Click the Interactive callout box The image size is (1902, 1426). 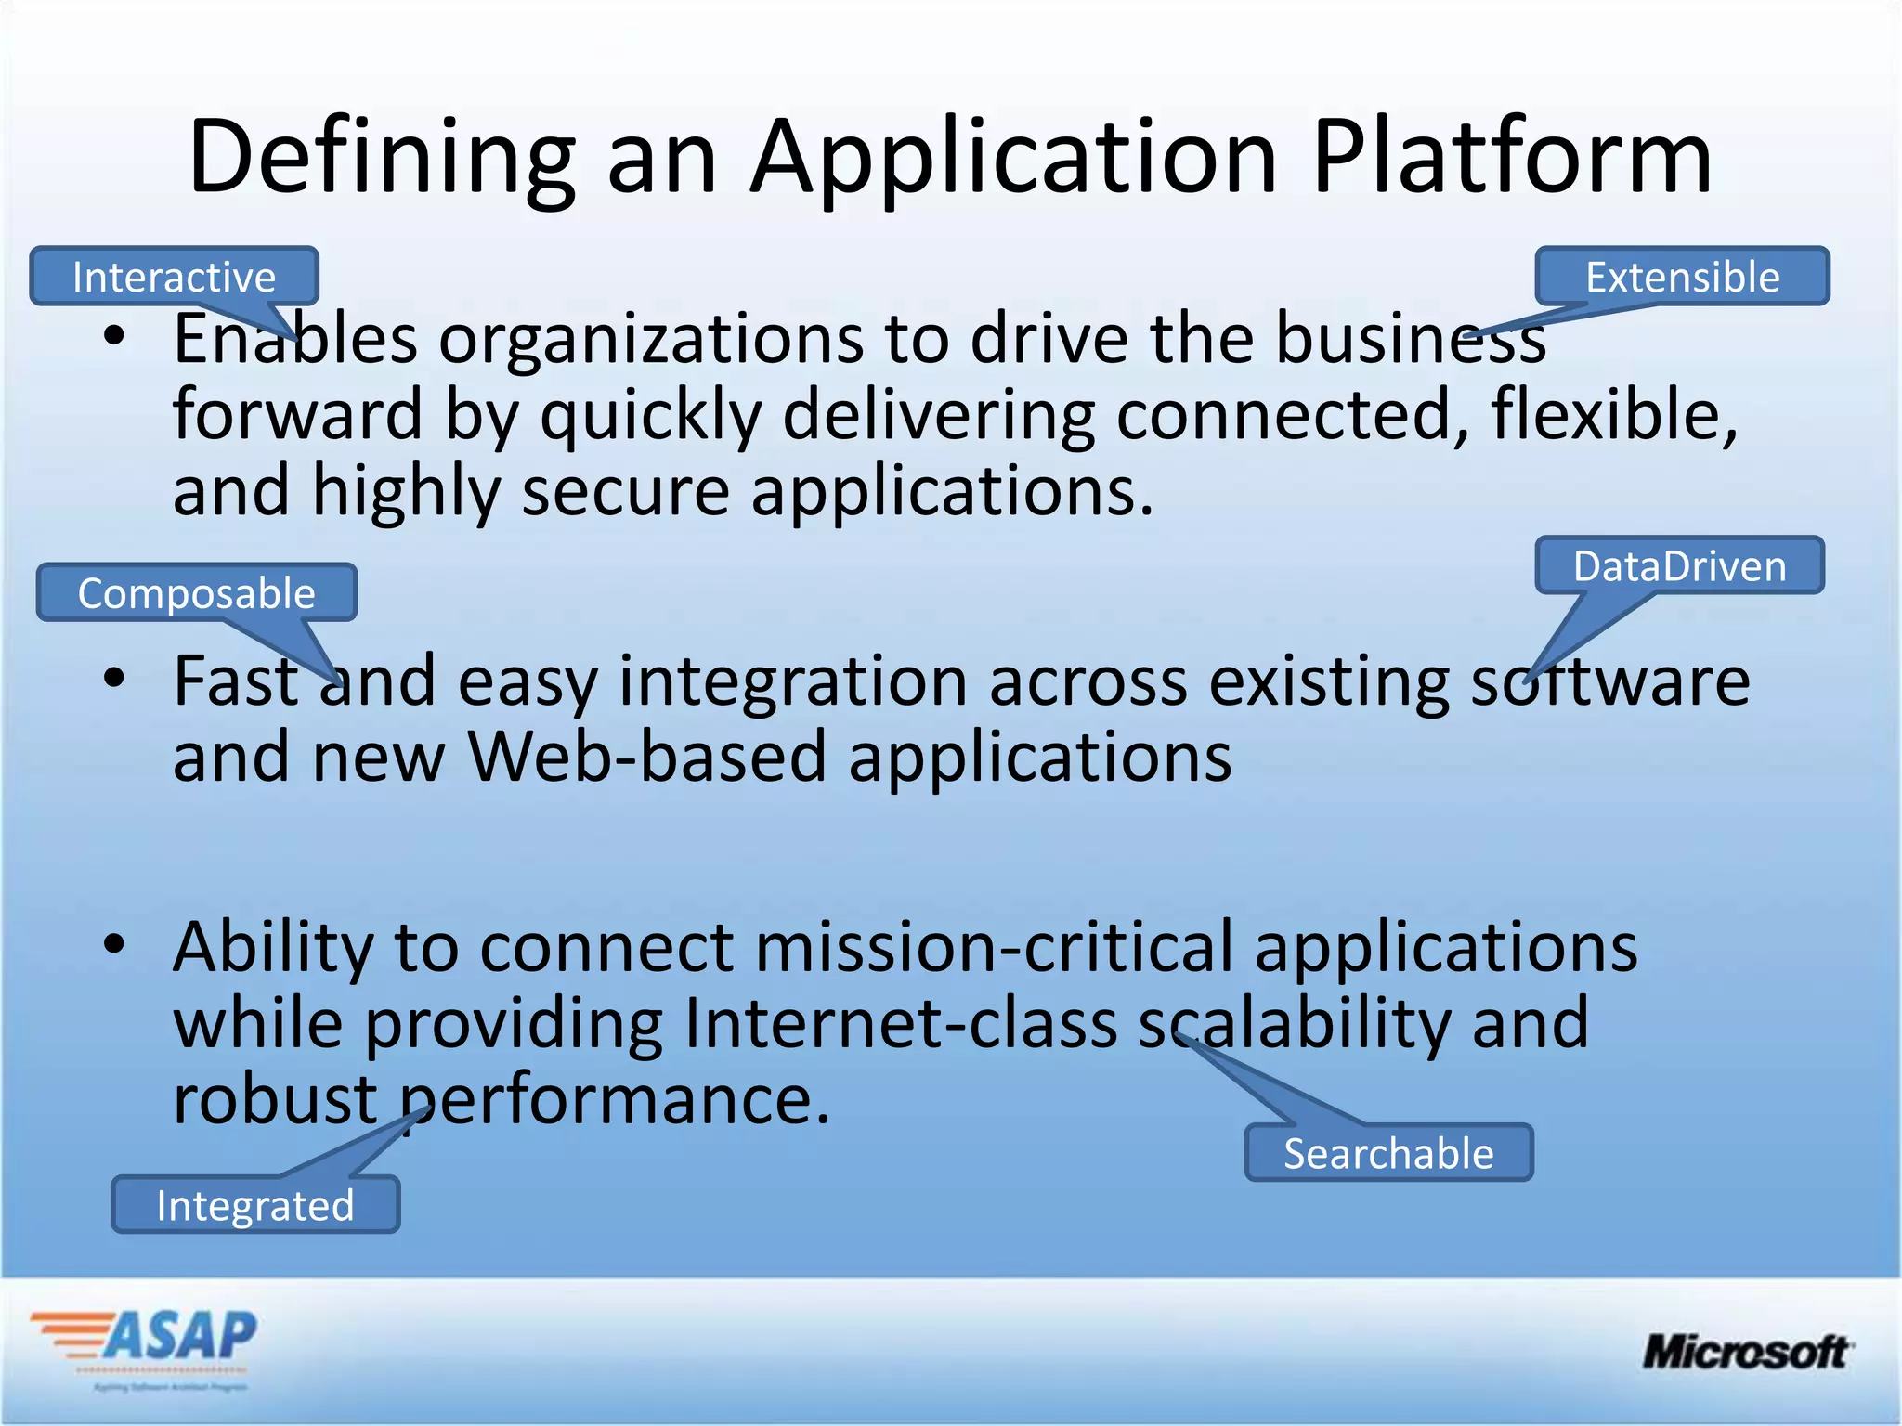click(175, 277)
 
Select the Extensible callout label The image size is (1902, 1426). click(1682, 277)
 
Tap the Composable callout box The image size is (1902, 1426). click(196, 593)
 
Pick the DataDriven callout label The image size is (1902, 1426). click(1679, 566)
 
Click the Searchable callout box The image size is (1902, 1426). click(1388, 1154)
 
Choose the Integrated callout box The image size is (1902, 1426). click(255, 1206)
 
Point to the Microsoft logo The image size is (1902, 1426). click(1746, 1352)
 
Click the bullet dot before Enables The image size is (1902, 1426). click(114, 337)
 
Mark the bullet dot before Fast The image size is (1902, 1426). click(114, 679)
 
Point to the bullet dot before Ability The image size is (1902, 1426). click(114, 944)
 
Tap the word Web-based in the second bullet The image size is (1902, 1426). click(647, 757)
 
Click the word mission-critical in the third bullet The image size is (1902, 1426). click(995, 947)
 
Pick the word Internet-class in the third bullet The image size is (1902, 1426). click(901, 1023)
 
